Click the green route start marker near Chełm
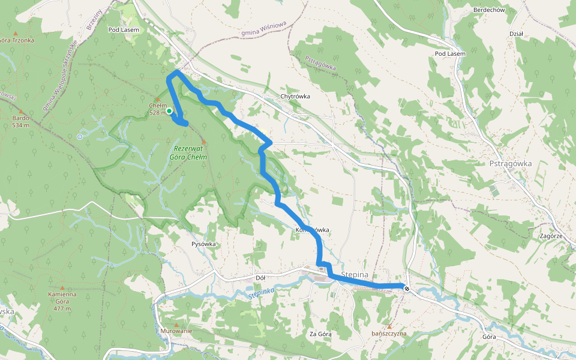(x=169, y=111)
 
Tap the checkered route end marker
(x=407, y=289)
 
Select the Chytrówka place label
(x=295, y=96)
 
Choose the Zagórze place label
(x=550, y=236)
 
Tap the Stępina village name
(x=353, y=274)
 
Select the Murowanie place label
(x=176, y=331)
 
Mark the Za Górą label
(x=320, y=333)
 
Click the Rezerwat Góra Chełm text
(x=190, y=153)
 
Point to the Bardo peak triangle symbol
(x=21, y=112)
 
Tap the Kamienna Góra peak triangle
(x=62, y=287)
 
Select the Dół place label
(x=260, y=278)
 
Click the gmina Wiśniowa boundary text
(x=263, y=29)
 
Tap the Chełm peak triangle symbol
(x=157, y=99)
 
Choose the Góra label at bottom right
(x=489, y=337)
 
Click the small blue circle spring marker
(x=80, y=137)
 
